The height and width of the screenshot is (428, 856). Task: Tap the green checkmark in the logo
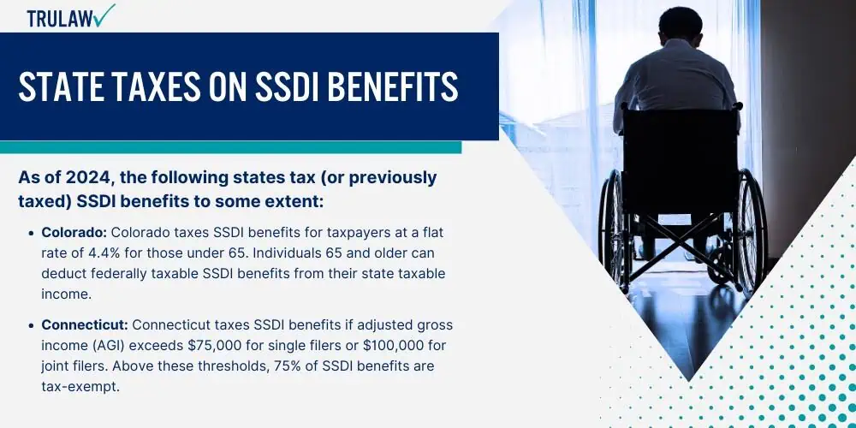[x=104, y=15]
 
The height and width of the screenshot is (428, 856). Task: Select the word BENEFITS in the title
[x=393, y=86]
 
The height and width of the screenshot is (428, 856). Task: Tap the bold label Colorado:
[x=74, y=233]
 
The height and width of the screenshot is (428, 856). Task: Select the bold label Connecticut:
[x=85, y=324]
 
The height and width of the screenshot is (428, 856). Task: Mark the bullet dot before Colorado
[x=32, y=233]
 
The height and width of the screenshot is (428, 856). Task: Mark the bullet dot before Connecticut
[x=32, y=325]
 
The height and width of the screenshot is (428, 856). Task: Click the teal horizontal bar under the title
[x=230, y=147]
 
